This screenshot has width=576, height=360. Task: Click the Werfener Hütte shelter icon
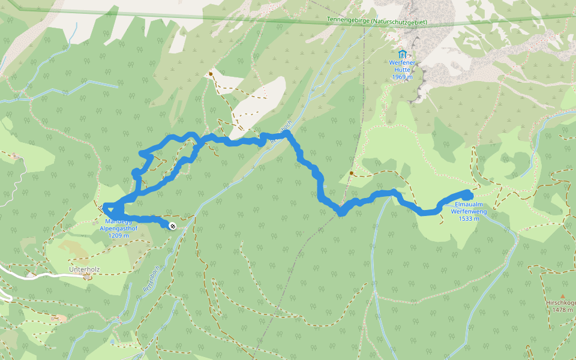pos(402,55)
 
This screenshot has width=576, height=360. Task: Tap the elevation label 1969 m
pos(402,77)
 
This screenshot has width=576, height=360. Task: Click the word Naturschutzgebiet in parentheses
pos(399,22)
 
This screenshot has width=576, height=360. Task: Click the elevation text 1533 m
pos(468,218)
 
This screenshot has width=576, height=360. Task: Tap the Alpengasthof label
pos(119,229)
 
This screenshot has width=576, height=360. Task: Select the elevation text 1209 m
pos(119,236)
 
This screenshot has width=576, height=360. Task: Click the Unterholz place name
pos(83,269)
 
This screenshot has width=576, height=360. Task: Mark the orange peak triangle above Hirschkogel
pos(563,296)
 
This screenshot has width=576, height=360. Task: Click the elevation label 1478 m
pos(563,310)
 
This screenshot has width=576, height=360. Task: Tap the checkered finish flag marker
pos(172,226)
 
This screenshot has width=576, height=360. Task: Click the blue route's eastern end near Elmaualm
pos(468,194)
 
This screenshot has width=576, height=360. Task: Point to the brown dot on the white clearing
pos(211,74)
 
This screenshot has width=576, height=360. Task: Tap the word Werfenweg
pos(468,211)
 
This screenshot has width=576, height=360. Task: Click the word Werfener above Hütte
pos(402,63)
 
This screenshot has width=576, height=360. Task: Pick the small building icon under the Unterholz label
pos(87,277)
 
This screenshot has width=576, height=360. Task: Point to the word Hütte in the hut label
pos(402,70)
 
